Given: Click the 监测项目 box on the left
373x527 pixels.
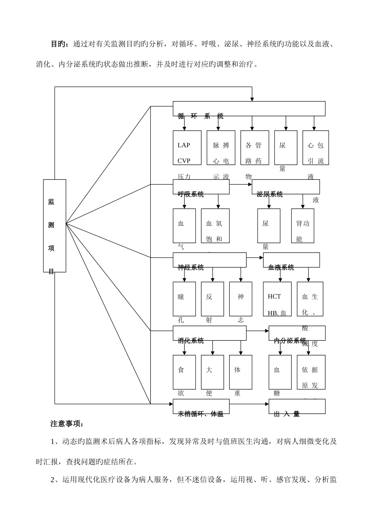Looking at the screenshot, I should [55, 225].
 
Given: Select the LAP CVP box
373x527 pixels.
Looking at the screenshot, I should [184, 148].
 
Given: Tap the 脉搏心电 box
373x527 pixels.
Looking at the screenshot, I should [221, 148].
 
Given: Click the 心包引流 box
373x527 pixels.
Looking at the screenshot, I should [315, 148].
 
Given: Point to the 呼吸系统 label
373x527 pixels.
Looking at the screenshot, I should [191, 194].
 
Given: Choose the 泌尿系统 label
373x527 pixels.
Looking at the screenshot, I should [270, 194].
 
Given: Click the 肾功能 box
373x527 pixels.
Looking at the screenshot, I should [302, 226].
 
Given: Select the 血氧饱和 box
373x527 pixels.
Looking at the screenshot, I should [215, 226].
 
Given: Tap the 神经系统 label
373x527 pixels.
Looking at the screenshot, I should [191, 267].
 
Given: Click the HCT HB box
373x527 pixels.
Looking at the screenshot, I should [277, 299].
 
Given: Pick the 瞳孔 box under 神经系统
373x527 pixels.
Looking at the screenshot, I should [184, 299].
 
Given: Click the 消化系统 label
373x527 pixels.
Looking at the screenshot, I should [191, 341].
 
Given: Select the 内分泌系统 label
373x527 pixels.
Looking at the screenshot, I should [290, 340].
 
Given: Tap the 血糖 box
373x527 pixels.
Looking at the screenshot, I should [280, 372].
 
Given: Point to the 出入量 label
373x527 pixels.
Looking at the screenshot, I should [287, 414].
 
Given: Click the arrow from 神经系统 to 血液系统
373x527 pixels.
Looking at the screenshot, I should [255, 258].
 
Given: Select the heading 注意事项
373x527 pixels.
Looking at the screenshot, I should [64, 424].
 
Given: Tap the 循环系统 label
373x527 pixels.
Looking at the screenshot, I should [201, 116].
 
